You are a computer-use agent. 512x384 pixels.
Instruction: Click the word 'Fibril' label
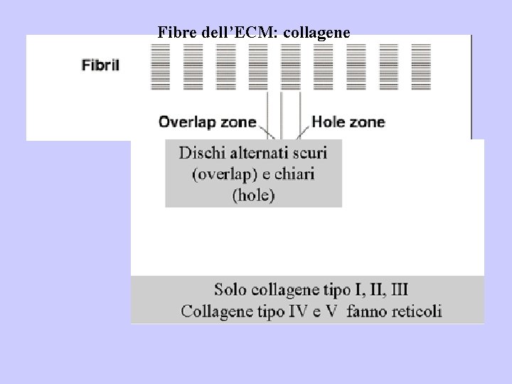100,65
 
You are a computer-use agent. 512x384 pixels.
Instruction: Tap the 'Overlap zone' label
207,122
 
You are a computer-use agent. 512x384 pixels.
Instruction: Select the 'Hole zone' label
348,122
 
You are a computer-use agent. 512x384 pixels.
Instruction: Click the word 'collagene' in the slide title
318,32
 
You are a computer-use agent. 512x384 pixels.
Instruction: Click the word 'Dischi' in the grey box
203,153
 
